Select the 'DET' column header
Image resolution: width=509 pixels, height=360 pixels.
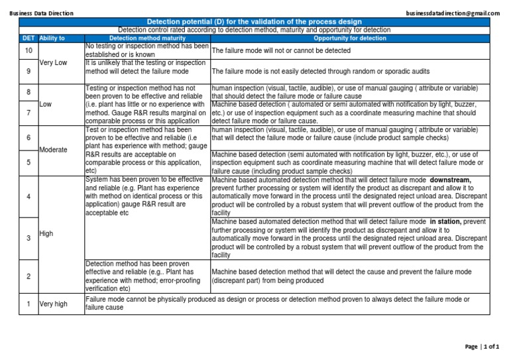tap(28, 38)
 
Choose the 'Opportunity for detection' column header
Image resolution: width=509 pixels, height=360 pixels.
tap(349, 38)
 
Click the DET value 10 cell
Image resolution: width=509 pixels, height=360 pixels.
tap(28, 50)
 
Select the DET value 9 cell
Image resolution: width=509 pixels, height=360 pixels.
tap(28, 71)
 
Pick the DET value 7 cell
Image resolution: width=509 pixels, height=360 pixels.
tap(28, 113)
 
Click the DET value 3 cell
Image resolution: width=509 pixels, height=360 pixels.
tap(28, 238)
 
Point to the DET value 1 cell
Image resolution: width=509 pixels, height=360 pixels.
tap(28, 304)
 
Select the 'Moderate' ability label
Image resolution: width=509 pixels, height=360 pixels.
tap(54, 150)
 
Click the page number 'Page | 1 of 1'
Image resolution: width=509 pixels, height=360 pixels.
tap(481, 347)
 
